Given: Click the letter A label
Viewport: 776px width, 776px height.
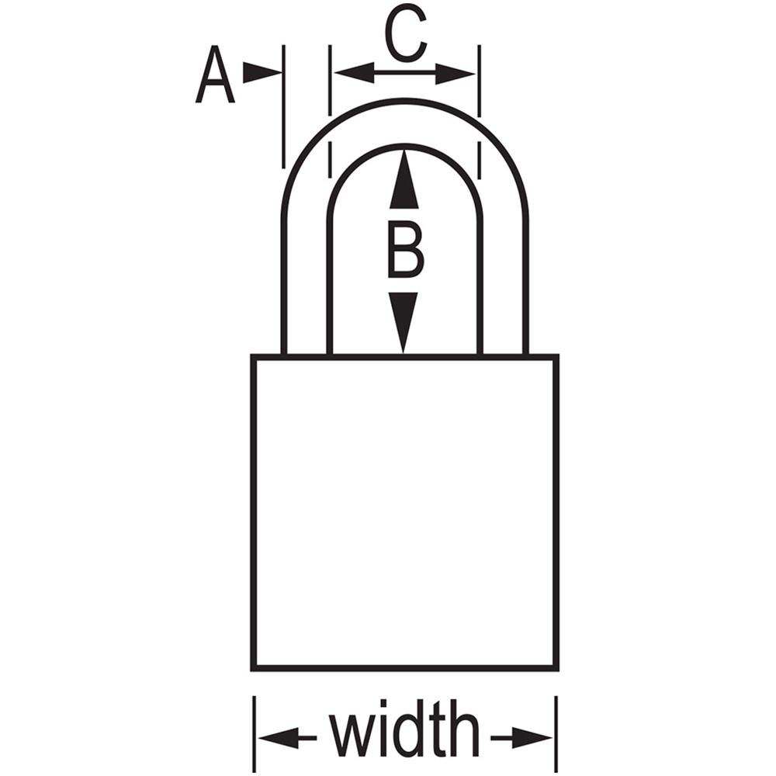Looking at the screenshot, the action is (x=215, y=74).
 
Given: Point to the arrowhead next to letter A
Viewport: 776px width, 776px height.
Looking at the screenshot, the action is (x=262, y=73).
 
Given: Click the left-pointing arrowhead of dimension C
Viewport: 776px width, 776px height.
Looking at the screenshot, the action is (x=353, y=73).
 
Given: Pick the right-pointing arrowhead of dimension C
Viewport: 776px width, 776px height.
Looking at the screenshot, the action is (x=456, y=74).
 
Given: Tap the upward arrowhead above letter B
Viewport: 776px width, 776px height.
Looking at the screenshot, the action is (x=404, y=178).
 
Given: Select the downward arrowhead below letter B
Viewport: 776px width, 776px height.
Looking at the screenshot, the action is (x=404, y=323).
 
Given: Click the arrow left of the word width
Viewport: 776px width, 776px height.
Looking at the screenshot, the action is (x=288, y=738).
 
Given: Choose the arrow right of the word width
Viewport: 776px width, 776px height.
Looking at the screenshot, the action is (x=521, y=738).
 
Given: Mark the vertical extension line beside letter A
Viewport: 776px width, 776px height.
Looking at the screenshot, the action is (x=283, y=106).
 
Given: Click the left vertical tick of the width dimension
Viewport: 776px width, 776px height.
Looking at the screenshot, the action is (x=255, y=734).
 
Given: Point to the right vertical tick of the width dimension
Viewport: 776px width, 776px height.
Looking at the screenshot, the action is (x=556, y=734).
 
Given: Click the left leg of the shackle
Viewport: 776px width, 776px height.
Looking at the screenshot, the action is (x=306, y=287).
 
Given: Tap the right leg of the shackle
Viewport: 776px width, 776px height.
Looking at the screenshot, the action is (x=504, y=287).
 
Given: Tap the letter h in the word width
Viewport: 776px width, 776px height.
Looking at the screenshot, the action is (x=464, y=729).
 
